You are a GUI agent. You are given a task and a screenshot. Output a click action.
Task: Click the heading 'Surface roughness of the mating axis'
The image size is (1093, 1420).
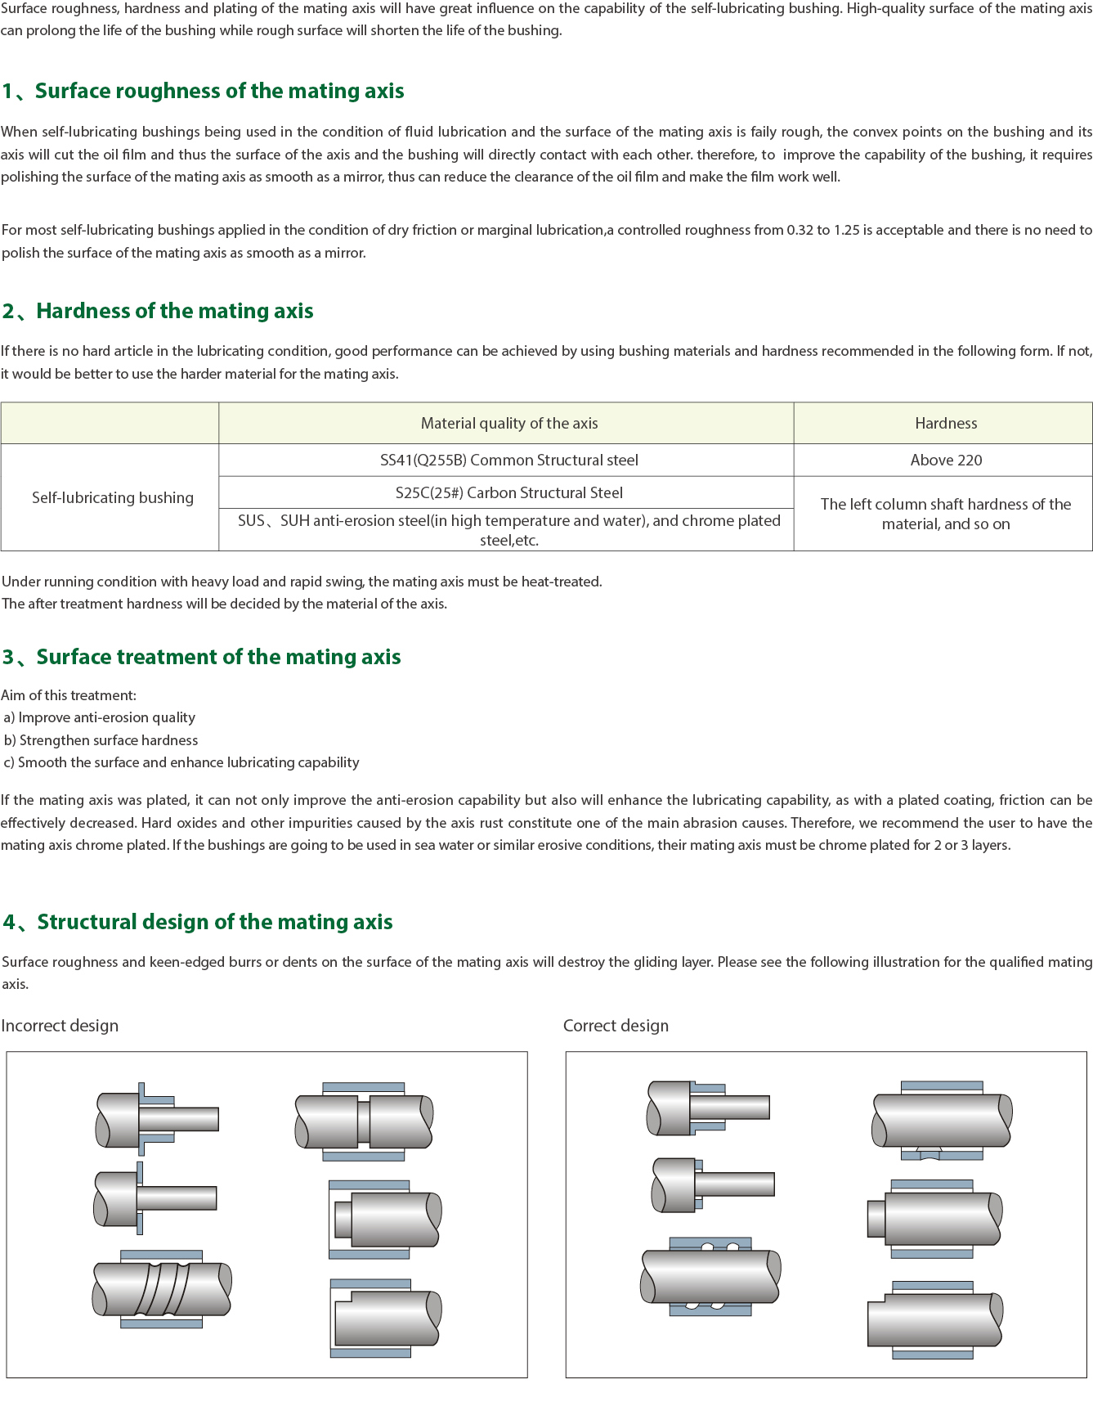tap(219, 91)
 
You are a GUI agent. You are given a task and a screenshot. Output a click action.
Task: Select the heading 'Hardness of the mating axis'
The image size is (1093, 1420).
tap(174, 311)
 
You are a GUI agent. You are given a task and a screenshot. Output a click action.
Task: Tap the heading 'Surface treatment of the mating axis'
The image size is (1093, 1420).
tap(218, 657)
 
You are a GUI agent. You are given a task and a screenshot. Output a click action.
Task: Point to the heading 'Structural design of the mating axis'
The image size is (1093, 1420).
tap(214, 922)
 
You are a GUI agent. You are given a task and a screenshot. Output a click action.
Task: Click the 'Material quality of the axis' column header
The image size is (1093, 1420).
tap(508, 423)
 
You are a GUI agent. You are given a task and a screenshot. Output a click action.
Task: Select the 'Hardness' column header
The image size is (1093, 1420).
tap(945, 423)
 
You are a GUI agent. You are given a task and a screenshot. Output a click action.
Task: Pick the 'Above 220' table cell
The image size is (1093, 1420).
tap(946, 460)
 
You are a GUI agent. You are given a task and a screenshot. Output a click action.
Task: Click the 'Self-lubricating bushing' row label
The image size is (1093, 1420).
tap(113, 497)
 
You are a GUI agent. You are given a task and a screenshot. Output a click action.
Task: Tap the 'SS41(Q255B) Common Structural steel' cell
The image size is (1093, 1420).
tap(508, 460)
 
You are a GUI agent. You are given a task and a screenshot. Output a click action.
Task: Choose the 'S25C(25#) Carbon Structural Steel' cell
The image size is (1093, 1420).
tap(508, 492)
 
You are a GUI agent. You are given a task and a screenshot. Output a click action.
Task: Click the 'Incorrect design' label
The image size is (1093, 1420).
tap(60, 1026)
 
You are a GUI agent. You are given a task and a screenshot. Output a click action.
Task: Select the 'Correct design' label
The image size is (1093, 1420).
tap(616, 1026)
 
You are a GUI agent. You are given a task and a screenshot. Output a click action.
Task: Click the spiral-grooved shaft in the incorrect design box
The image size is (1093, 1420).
tap(162, 1288)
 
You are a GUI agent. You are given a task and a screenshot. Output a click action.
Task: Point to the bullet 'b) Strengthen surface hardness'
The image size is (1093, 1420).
tap(101, 740)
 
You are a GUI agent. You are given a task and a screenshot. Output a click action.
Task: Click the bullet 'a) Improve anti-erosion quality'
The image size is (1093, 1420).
tap(100, 717)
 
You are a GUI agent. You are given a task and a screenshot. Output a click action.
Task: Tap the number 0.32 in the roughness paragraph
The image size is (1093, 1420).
tap(800, 230)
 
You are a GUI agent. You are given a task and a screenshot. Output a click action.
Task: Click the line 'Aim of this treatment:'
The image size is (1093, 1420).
tap(69, 695)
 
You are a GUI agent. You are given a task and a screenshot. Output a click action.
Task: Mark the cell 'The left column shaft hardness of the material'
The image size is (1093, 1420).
tap(945, 514)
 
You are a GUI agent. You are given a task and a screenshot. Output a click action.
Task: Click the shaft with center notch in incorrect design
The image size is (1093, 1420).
tap(364, 1121)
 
